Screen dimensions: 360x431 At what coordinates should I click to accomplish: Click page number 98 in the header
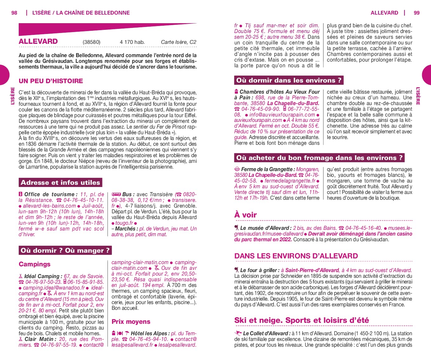pos(14,13)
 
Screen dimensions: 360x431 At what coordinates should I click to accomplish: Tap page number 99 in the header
pos(416,13)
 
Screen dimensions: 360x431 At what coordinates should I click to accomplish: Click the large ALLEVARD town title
pos(38,41)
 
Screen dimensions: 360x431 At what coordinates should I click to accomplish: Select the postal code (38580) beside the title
pos(91,42)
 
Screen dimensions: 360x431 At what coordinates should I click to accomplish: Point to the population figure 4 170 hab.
pos(132,42)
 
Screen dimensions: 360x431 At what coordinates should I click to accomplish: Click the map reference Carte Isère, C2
pos(179,42)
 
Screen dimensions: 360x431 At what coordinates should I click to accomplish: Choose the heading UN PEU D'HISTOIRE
pos(51,81)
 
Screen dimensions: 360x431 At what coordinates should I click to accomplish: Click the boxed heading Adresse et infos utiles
pos(60,183)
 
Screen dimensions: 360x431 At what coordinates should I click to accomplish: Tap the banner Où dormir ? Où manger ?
pos(65,250)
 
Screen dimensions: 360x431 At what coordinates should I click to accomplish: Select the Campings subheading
pos(35,264)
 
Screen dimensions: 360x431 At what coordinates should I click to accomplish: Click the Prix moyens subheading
pos(131,322)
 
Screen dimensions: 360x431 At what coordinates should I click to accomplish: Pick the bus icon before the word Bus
pos(116,194)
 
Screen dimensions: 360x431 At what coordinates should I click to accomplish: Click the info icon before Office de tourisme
pos(21,194)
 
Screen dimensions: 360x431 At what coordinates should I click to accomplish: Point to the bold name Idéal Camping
pos(42,276)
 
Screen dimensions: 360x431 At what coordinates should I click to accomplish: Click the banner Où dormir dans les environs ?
pos(289,80)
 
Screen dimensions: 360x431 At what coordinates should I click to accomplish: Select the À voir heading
pos(245,215)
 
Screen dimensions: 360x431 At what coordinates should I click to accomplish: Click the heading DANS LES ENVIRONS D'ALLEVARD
pos(296,256)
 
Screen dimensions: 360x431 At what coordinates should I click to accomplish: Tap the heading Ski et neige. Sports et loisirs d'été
pos(301,320)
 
